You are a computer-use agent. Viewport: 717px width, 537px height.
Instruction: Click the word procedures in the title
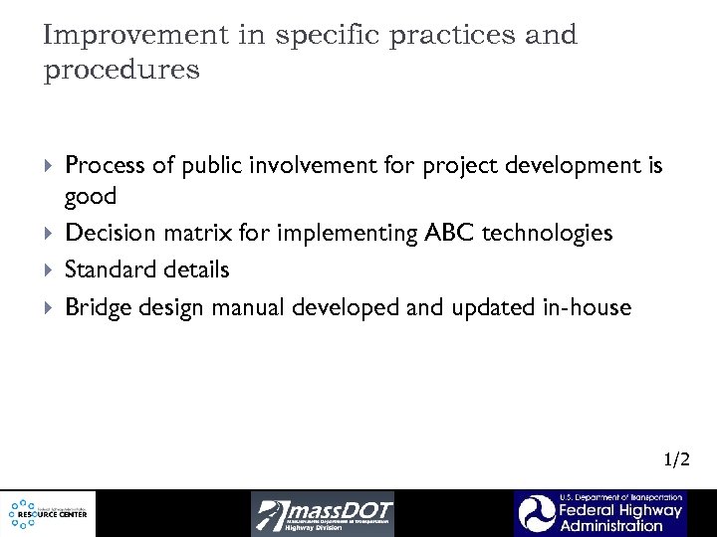[x=121, y=72]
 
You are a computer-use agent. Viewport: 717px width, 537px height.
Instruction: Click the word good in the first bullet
[x=91, y=196]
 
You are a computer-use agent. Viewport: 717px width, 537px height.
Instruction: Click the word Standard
[x=108, y=269]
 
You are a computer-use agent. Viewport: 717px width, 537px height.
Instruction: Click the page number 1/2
[x=676, y=458]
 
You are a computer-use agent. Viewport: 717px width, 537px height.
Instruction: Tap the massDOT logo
[x=323, y=513]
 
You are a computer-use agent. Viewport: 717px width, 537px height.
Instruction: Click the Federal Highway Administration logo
[x=599, y=513]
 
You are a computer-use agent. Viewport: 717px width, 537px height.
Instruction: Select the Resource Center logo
[x=48, y=513]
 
